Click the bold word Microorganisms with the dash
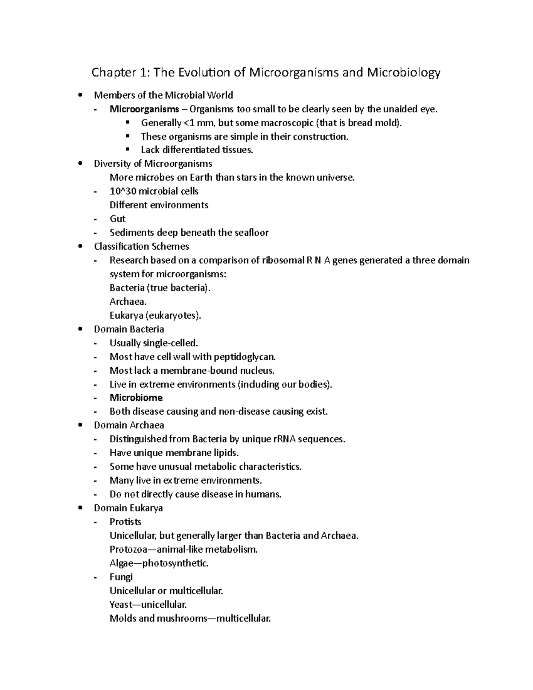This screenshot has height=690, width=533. (x=144, y=109)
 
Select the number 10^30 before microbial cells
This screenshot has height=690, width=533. (x=123, y=191)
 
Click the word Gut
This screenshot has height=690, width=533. (x=118, y=219)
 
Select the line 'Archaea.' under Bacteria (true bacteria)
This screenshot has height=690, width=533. (x=128, y=302)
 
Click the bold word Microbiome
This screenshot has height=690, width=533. (x=136, y=398)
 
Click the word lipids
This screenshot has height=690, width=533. (x=226, y=453)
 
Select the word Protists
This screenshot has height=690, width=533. (x=126, y=522)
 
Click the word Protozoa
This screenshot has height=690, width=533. (x=127, y=550)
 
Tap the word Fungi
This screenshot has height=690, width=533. (x=121, y=577)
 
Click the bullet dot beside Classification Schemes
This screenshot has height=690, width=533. (x=80, y=246)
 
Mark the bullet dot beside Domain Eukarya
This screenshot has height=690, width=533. (x=80, y=508)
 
